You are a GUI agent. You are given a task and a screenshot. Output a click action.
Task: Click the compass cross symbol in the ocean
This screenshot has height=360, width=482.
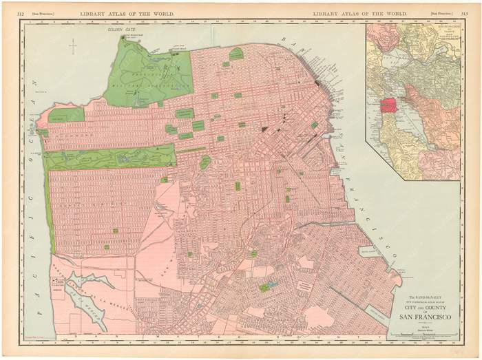(x=72, y=46)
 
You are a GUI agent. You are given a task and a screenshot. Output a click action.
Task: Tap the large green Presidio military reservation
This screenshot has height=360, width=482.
(x=148, y=72)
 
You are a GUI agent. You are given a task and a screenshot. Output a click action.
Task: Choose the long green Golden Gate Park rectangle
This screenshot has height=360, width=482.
(x=110, y=158)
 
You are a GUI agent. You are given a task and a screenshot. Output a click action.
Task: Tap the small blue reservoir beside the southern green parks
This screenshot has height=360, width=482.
(x=273, y=284)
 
